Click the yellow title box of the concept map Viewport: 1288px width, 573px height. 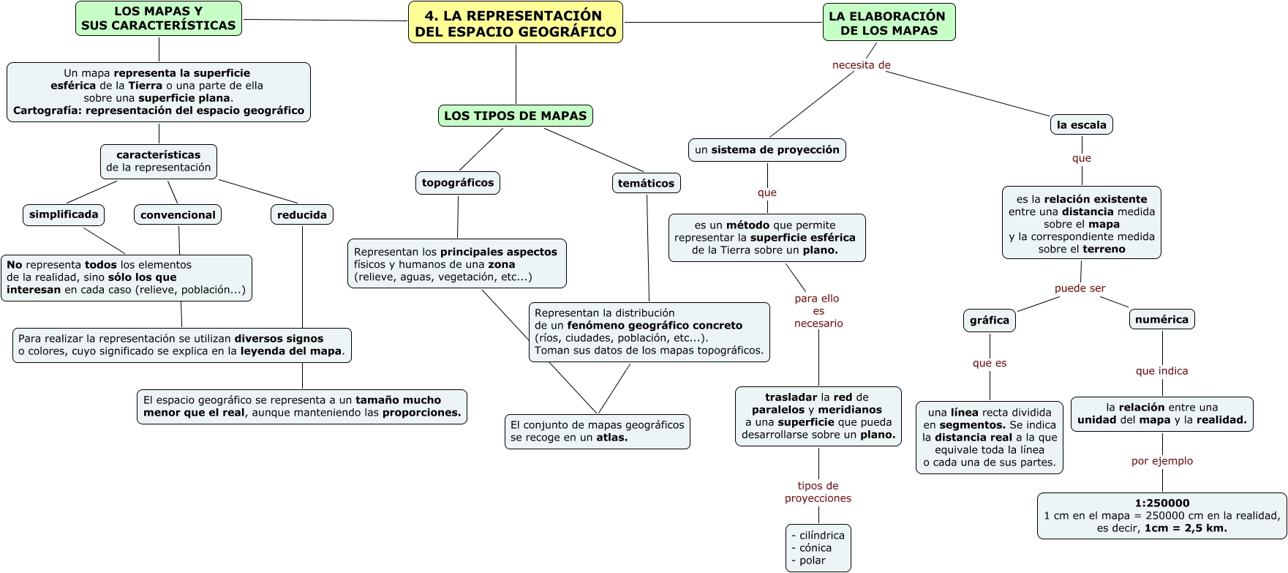(515, 23)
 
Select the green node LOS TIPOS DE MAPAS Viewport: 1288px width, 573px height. (515, 116)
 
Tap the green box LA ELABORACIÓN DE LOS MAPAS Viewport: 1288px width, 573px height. (889, 23)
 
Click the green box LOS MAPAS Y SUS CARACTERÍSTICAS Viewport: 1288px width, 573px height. (158, 18)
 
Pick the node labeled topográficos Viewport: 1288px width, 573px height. (458, 183)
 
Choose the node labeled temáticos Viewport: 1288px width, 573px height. (646, 183)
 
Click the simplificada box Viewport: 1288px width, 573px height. (64, 214)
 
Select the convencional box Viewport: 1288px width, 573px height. (178, 214)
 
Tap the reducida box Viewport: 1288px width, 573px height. (301, 214)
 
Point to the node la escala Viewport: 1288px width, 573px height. (1081, 124)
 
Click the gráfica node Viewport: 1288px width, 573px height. (989, 320)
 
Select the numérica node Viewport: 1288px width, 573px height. (1161, 319)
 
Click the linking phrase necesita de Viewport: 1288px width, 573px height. (861, 65)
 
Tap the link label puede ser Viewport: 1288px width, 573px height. (1080, 288)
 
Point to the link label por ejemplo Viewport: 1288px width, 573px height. (1161, 461)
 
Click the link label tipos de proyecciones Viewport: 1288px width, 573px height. (818, 492)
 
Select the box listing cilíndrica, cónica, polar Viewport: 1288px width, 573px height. (818, 547)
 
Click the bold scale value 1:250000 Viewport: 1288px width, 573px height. (1161, 503)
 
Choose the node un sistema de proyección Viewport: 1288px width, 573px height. (767, 150)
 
